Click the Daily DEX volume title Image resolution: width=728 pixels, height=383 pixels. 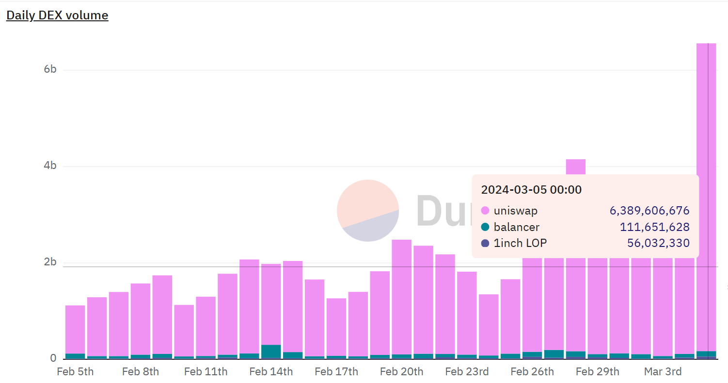pyautogui.click(x=57, y=15)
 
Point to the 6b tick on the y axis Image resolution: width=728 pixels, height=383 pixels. pyautogui.click(x=50, y=69)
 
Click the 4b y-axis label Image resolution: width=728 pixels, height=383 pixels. pyautogui.click(x=50, y=166)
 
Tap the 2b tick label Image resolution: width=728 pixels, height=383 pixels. pyautogui.click(x=50, y=262)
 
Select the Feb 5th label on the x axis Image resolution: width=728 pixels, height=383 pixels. pyautogui.click(x=75, y=371)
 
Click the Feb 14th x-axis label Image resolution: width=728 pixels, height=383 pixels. pyautogui.click(x=271, y=371)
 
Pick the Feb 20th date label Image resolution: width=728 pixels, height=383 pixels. pyautogui.click(x=401, y=371)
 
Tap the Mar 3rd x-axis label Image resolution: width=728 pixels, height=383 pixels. pyautogui.click(x=663, y=371)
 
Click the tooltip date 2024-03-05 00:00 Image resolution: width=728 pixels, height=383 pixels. pyautogui.click(x=531, y=189)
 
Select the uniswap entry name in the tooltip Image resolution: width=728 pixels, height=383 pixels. pyautogui.click(x=515, y=211)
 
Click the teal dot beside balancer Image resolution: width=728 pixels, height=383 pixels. pyautogui.click(x=485, y=227)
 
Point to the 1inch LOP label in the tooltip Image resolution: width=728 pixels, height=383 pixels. pyautogui.click(x=520, y=243)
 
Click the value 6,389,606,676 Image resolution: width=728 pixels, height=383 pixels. pyautogui.click(x=649, y=211)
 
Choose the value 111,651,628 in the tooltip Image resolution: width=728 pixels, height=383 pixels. pyautogui.click(x=654, y=227)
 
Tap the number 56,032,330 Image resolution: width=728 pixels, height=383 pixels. pyautogui.click(x=658, y=243)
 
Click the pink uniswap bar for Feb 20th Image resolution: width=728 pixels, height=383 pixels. pyautogui.click(x=401, y=295)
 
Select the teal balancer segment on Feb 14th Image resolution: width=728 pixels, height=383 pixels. pyautogui.click(x=271, y=351)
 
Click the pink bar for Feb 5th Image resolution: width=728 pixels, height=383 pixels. pyautogui.click(x=75, y=329)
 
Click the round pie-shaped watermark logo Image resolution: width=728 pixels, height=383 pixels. pyautogui.click(x=367, y=210)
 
